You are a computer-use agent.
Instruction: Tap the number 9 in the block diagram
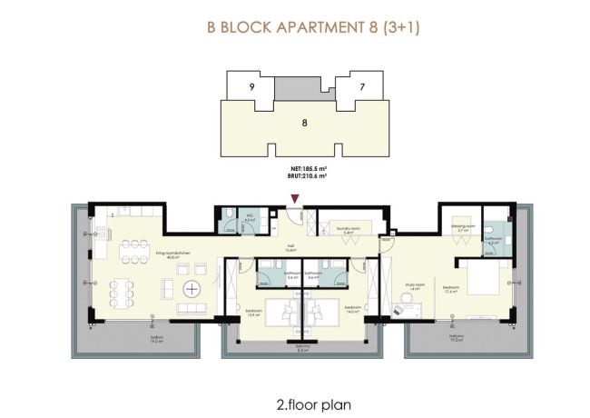coord(251,87)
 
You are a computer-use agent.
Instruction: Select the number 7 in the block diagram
coord(361,87)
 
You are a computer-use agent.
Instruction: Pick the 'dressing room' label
coord(463,229)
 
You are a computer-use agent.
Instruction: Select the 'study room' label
coord(412,286)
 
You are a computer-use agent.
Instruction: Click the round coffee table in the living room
coord(193,290)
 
